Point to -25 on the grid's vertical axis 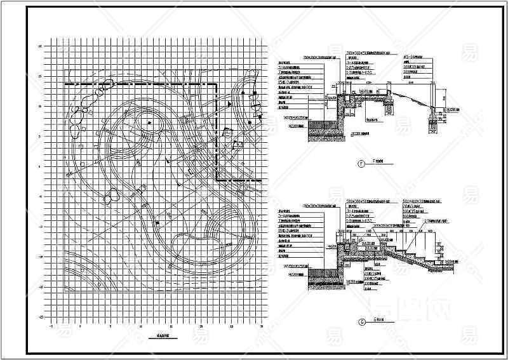[x=41, y=316]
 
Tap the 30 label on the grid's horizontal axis [x=262, y=326]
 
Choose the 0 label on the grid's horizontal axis [x=81, y=326]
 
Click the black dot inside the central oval [x=149, y=122]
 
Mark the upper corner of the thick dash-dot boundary [x=219, y=84]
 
